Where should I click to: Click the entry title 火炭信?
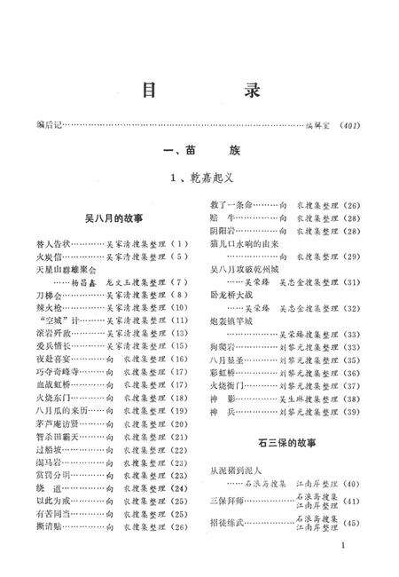tap(50, 256)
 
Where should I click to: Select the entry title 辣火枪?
tap(50, 306)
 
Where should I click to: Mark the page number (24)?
tap(178, 486)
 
